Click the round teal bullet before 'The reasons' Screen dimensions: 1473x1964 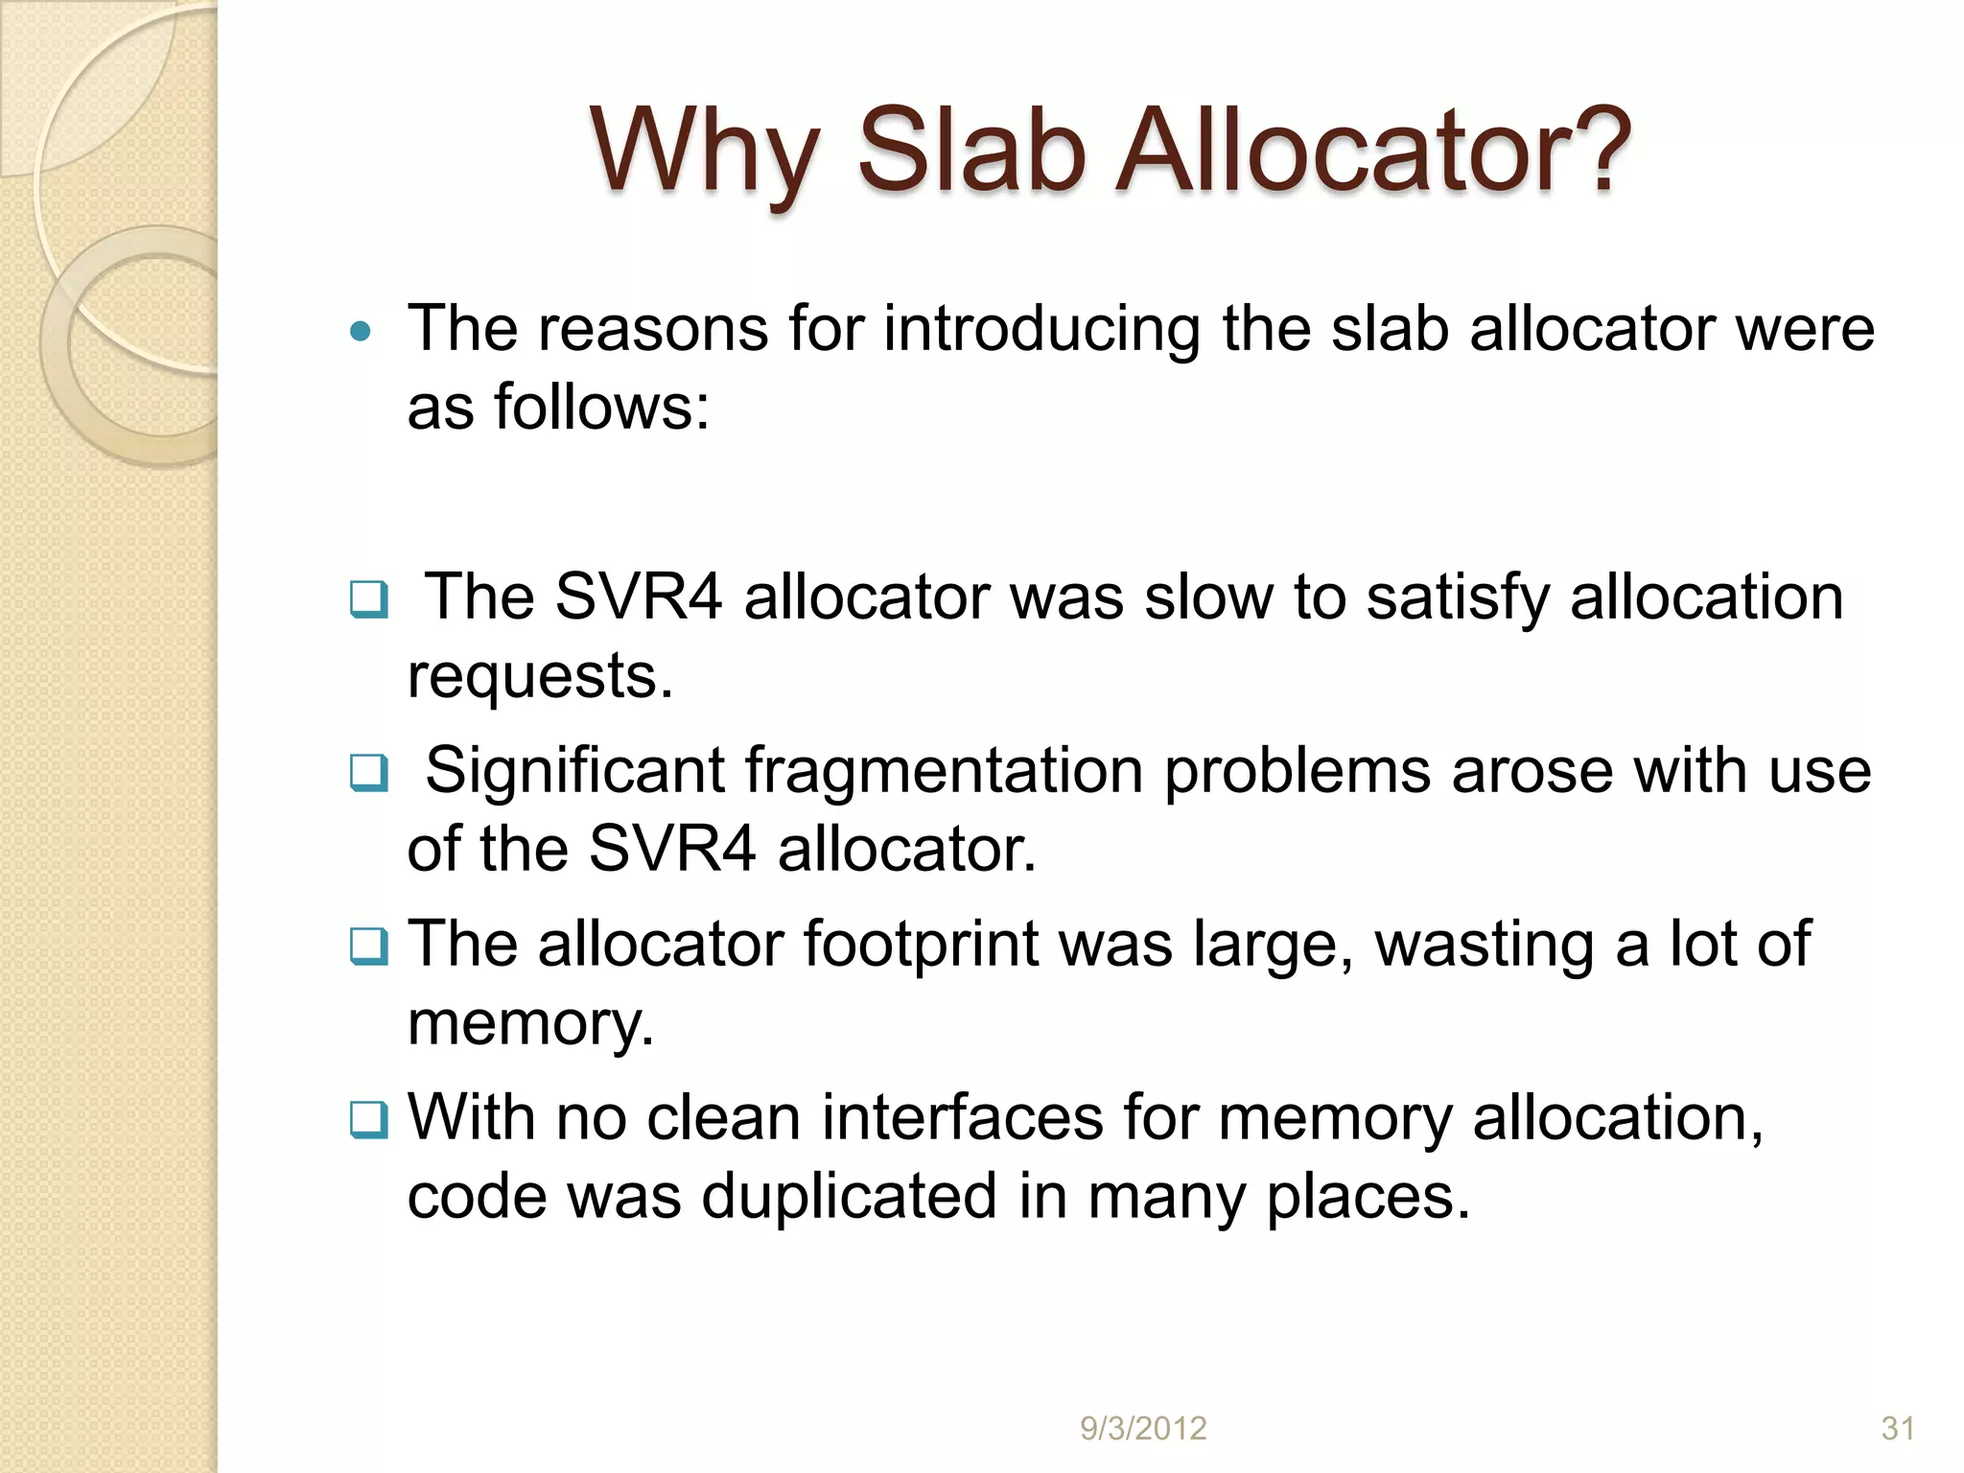pyautogui.click(x=361, y=333)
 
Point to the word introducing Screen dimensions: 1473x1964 pyautogui.click(x=1041, y=329)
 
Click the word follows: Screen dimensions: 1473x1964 pyautogui.click(x=601, y=407)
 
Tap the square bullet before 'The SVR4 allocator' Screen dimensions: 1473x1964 pyautogui.click(x=369, y=600)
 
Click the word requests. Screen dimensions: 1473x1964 pyautogui.click(x=540, y=677)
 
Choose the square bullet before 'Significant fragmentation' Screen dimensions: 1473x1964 pyautogui.click(x=369, y=773)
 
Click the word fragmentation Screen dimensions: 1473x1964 pyautogui.click(x=944, y=771)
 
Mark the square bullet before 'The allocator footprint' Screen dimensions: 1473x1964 pyautogui.click(x=369, y=947)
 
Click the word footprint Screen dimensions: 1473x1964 pyautogui.click(x=920, y=945)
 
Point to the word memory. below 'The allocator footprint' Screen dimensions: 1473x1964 pyautogui.click(x=530, y=1024)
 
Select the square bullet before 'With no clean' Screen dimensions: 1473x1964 pyautogui.click(x=369, y=1120)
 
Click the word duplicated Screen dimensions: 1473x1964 pyautogui.click(x=849, y=1197)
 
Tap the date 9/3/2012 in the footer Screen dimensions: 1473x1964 pyautogui.click(x=1143, y=1429)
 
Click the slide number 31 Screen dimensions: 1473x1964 pyautogui.click(x=1898, y=1429)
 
